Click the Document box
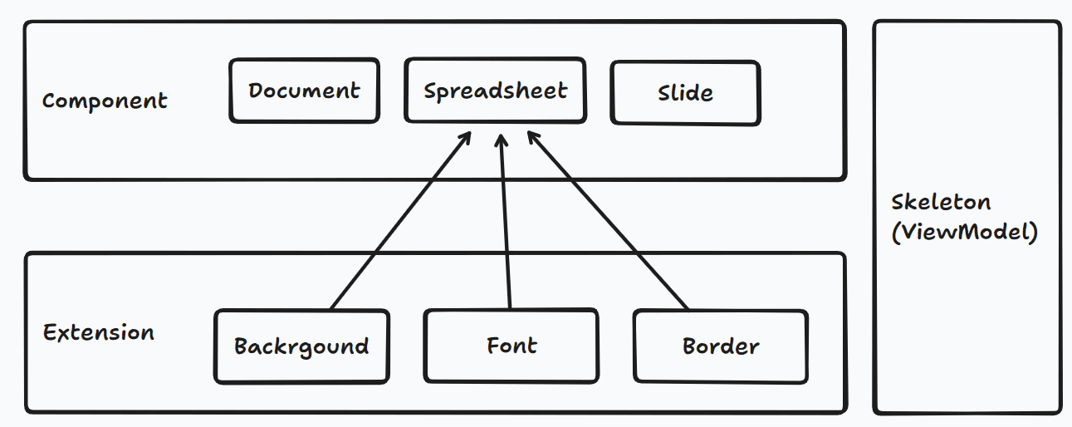304,91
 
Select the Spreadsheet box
495,90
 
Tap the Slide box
685,92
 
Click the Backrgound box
301,346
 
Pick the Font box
511,346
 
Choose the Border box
721,346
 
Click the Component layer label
105,101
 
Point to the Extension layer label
99,333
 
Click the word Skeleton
941,203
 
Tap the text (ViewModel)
964,232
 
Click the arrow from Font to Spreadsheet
505,224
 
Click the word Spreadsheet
495,91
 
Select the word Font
511,346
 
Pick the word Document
304,91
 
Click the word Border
721,346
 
